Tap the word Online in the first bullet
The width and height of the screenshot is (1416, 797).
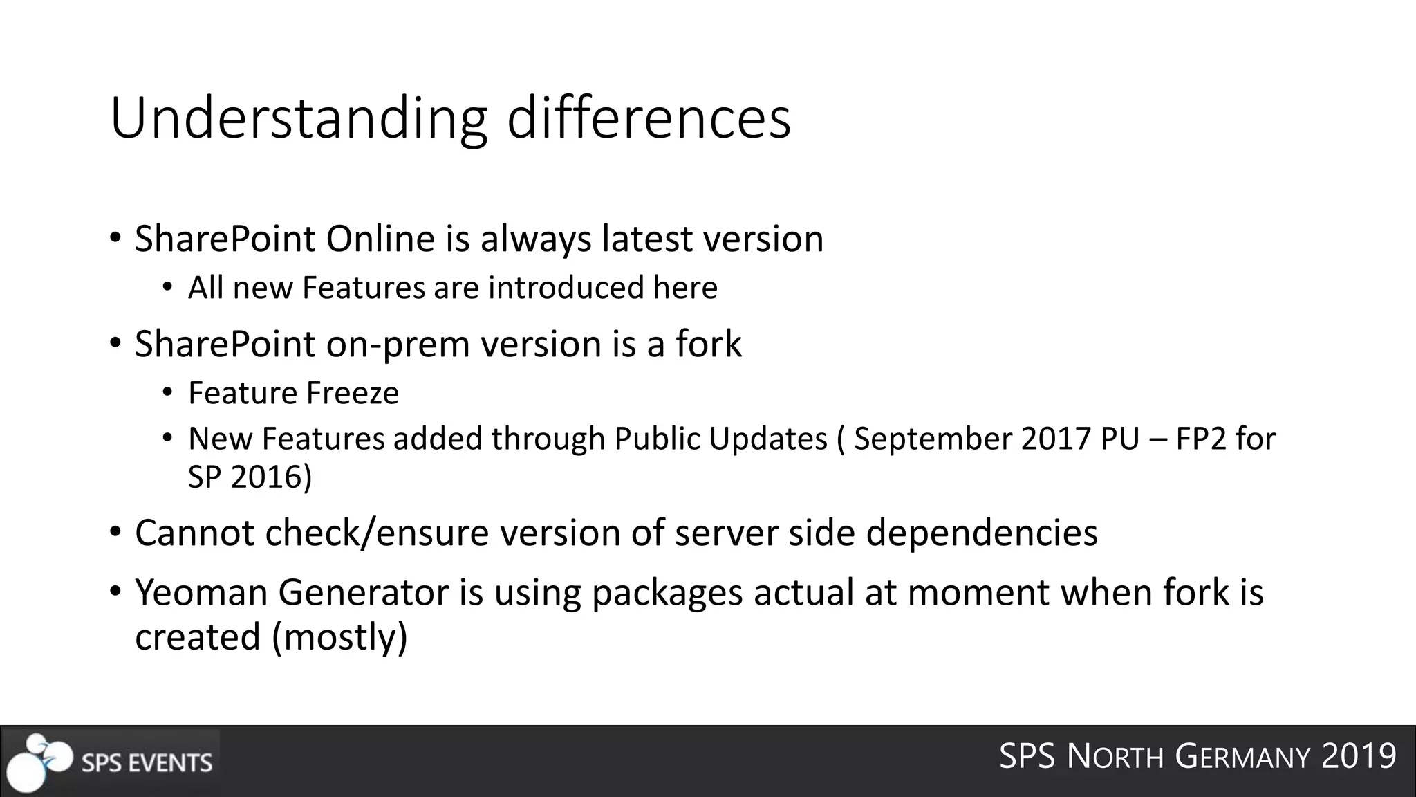pos(380,239)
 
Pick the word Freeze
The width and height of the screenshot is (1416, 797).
pos(353,393)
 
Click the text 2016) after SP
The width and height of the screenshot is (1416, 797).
pos(272,477)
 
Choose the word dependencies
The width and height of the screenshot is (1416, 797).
pos(982,533)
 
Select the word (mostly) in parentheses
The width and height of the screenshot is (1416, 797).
pos(340,636)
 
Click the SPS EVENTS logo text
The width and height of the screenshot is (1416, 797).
pos(147,762)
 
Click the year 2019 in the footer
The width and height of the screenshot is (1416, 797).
pos(1359,756)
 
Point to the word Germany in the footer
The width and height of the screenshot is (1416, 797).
pos(1242,756)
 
